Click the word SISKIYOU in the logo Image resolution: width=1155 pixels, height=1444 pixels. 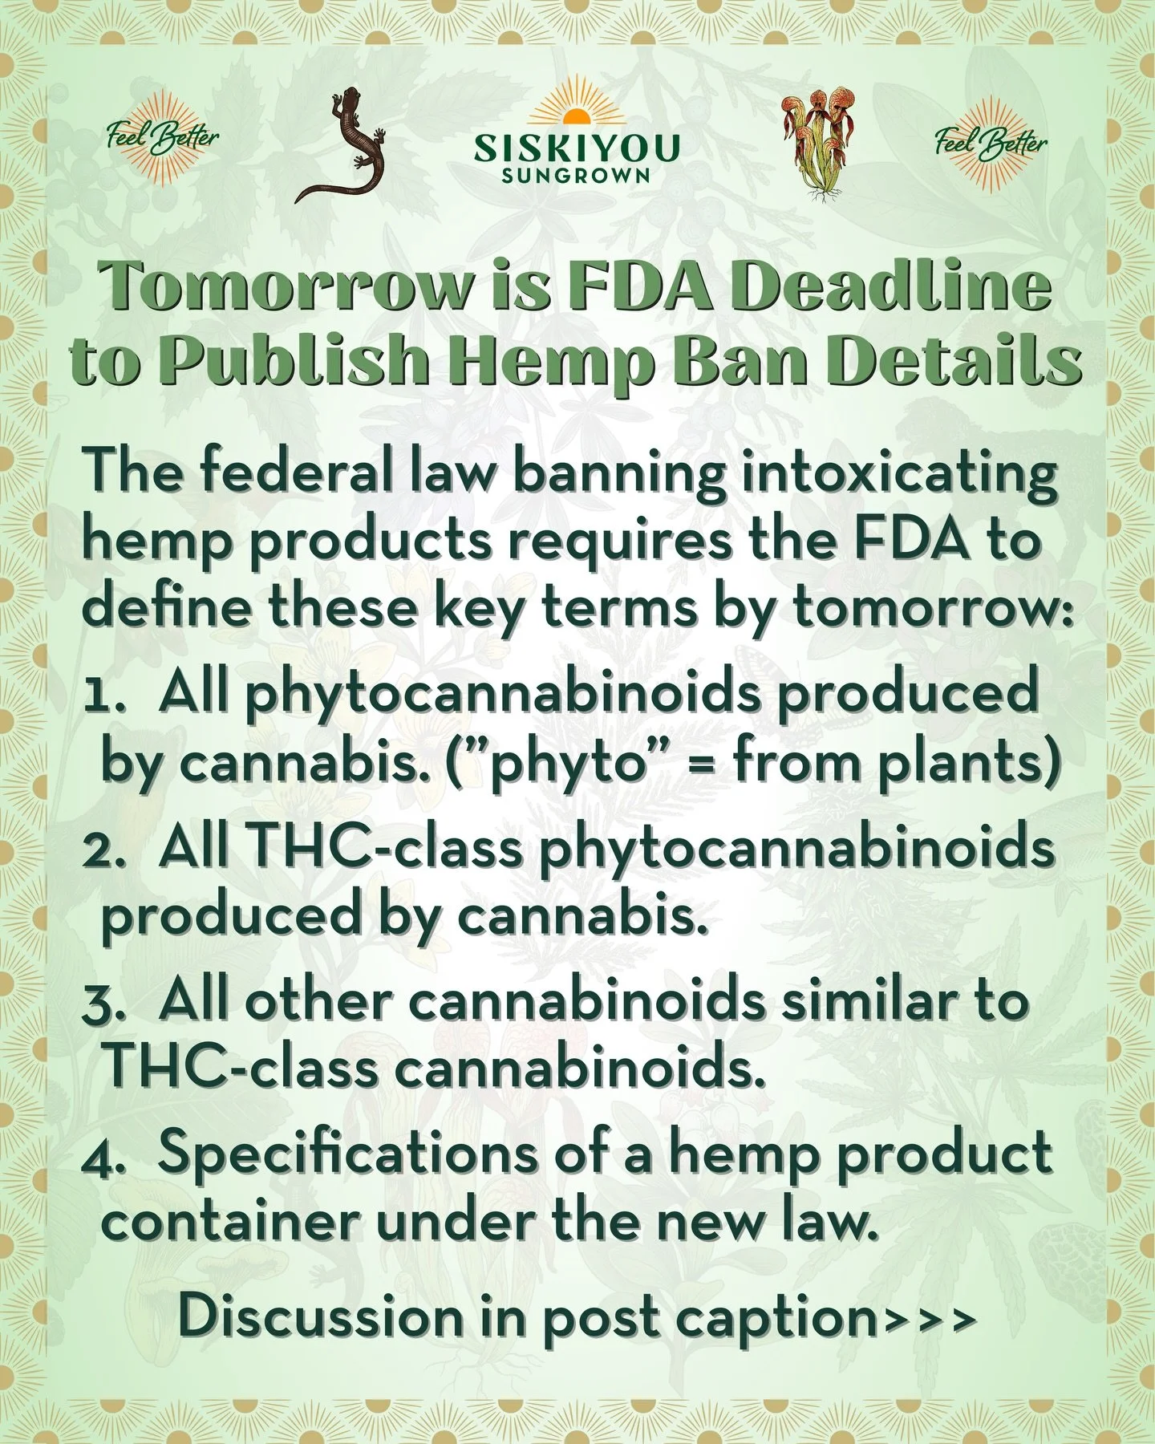(x=577, y=148)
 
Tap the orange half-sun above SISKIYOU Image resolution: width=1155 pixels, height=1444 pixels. (x=576, y=117)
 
